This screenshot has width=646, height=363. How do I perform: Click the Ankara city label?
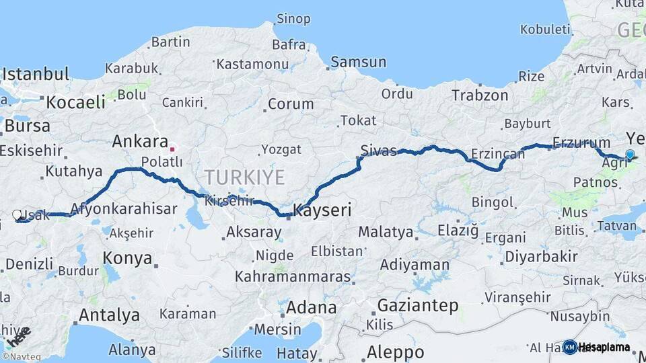(140, 142)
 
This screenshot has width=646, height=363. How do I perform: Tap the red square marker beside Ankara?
(172, 149)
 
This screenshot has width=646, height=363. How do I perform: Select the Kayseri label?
(323, 210)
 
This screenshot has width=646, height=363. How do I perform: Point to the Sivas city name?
(378, 150)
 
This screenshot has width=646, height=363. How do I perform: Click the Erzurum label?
(581, 143)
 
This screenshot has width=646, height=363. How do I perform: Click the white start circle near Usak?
(17, 215)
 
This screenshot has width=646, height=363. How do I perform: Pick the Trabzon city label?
(480, 95)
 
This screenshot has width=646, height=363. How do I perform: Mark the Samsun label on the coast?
(359, 63)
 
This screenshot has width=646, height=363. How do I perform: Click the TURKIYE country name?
(244, 177)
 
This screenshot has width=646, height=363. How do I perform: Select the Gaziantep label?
(418, 305)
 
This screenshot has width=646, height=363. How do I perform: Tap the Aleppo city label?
(396, 352)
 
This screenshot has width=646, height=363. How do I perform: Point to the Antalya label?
(109, 315)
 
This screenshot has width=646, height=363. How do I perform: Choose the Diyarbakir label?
(541, 256)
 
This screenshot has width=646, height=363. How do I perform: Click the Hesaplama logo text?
(605, 348)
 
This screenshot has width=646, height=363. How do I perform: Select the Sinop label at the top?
(293, 19)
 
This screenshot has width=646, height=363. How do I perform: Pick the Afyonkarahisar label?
(123, 209)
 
